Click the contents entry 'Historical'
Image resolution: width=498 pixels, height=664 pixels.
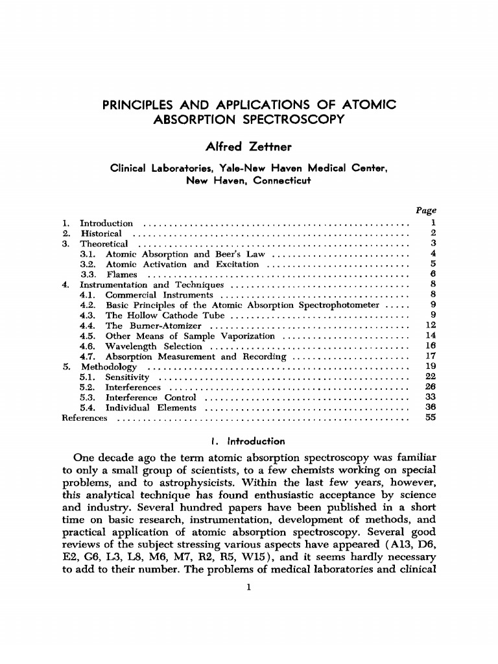coord(101,233)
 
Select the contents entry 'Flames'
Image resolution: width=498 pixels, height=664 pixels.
coord(121,274)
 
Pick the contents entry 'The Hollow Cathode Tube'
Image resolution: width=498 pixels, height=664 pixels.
coord(165,316)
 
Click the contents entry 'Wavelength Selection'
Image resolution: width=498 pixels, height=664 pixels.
coord(154,346)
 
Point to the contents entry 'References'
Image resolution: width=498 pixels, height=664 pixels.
coord(84,418)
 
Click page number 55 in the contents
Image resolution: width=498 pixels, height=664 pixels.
coord(429,418)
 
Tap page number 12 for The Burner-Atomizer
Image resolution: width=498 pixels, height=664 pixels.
coord(429,326)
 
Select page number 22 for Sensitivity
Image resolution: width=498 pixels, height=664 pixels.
coord(429,377)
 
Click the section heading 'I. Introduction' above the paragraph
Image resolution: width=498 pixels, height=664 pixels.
coord(249,442)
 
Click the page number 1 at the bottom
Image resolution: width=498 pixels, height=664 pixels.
coord(249,588)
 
